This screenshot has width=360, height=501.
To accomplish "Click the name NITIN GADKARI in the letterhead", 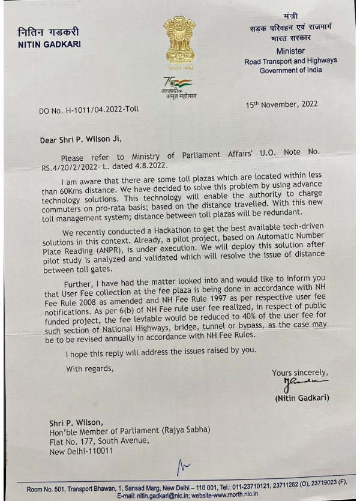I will coord(49,44).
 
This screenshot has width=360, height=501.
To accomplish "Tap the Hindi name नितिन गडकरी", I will coord(48,32).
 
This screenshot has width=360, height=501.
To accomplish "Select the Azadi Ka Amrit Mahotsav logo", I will coord(178,88).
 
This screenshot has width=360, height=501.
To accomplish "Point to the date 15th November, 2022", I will coord(281,105).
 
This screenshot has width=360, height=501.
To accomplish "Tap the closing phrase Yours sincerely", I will coord(300,373).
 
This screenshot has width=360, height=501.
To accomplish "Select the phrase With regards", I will coord(89,368).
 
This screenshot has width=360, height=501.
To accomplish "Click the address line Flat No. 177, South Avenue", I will coord(99,441).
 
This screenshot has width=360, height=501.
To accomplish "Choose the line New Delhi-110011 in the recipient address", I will coord(80,451).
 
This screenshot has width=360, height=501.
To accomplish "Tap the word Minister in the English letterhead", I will coord(290,51).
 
